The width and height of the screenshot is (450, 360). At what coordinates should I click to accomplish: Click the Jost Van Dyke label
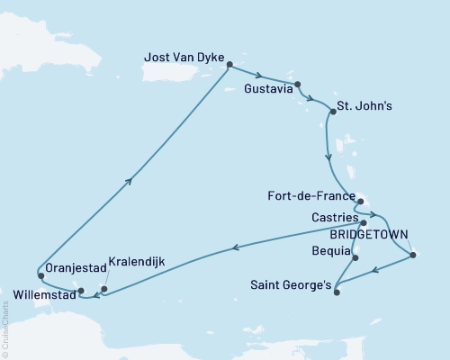[183, 56]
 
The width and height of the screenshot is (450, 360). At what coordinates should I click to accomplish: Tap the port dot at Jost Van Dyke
[229, 65]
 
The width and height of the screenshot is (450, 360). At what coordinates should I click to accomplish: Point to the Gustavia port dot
[298, 85]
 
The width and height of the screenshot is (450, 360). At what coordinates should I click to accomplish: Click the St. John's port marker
[331, 112]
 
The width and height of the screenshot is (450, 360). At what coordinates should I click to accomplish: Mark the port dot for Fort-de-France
[359, 201]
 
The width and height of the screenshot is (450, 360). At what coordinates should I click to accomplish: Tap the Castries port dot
[364, 220]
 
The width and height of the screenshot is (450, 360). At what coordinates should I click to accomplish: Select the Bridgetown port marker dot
[412, 256]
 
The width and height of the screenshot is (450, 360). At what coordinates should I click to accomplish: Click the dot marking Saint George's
[336, 292]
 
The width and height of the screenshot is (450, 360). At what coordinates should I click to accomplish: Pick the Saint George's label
[290, 283]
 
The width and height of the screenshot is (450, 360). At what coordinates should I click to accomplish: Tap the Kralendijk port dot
[104, 290]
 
